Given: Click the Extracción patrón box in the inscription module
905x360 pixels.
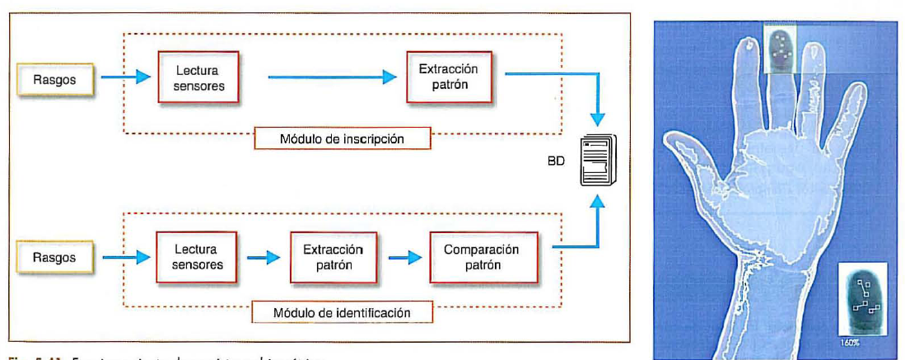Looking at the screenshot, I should [x=448, y=77].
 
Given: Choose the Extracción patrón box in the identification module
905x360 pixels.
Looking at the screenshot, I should [x=333, y=256].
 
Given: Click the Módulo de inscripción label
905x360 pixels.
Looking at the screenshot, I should [x=343, y=138].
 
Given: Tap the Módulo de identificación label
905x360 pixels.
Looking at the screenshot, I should [x=343, y=313].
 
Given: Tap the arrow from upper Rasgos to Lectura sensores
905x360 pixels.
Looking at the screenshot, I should [x=125, y=78].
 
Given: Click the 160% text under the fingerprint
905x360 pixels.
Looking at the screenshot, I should [x=849, y=341].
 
